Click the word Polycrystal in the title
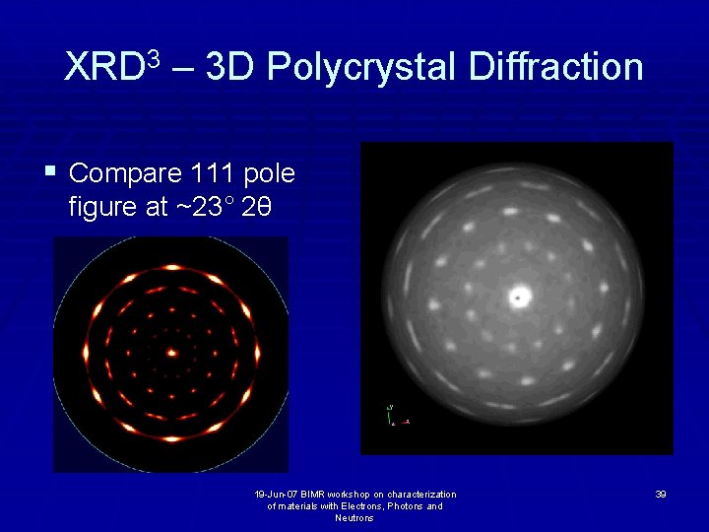[x=360, y=68]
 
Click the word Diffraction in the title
[x=556, y=67]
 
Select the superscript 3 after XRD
[x=154, y=57]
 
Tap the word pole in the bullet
[x=268, y=174]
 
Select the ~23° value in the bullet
[x=203, y=208]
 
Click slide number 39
[x=660, y=495]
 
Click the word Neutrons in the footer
[x=354, y=518]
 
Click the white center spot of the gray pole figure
[x=518, y=296]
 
